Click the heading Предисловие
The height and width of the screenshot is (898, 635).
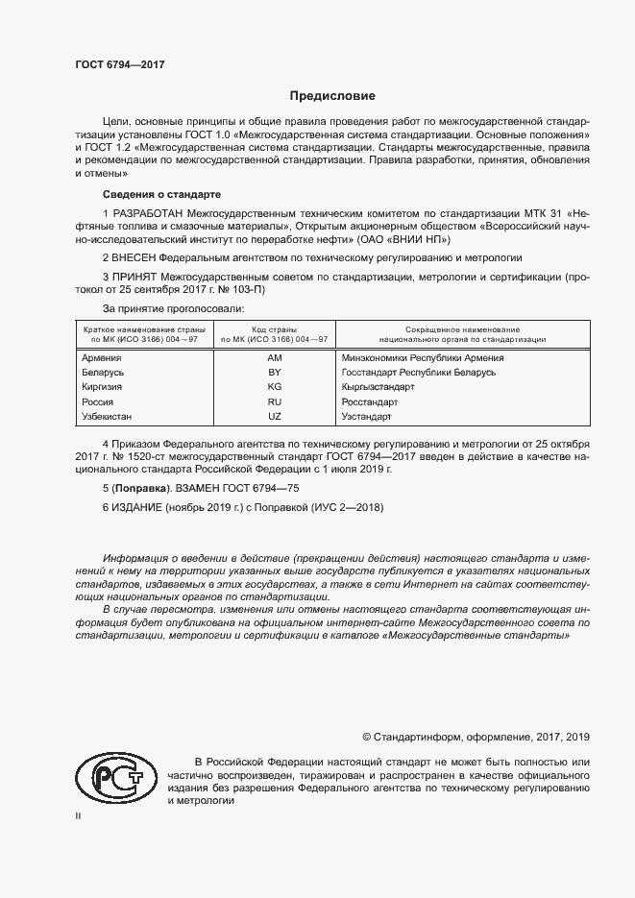(x=333, y=96)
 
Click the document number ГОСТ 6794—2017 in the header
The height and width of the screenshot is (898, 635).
(x=119, y=63)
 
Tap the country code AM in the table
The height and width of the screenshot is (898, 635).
(x=274, y=357)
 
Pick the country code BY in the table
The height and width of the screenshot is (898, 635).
(x=274, y=372)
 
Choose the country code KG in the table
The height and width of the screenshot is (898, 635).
(x=274, y=386)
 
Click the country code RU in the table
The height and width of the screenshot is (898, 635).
(x=274, y=401)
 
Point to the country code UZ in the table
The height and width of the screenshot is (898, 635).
(x=274, y=416)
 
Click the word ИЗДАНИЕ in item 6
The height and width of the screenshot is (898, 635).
(x=136, y=507)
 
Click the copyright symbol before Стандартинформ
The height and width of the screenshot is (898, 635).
(x=366, y=737)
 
